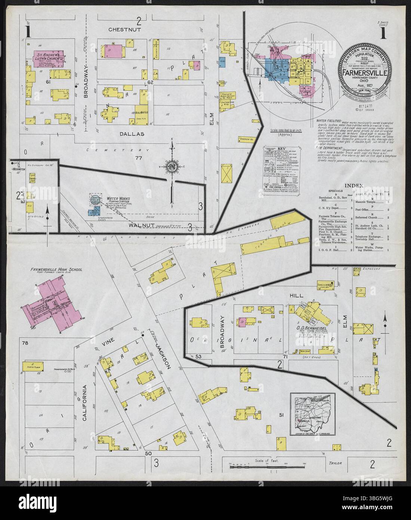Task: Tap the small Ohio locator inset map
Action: pyautogui.click(x=313, y=414)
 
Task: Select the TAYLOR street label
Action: pyautogui.click(x=335, y=463)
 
